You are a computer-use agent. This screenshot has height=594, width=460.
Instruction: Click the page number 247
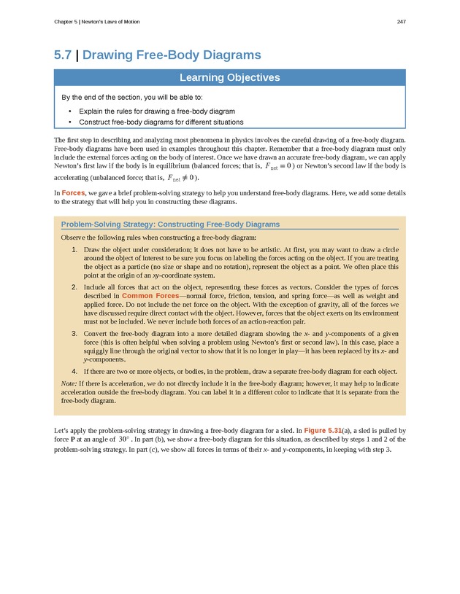point(401,22)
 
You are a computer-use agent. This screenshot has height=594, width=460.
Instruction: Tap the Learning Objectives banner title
point(230,78)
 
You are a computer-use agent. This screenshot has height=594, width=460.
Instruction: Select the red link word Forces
point(74,192)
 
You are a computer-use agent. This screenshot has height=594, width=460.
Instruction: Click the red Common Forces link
point(150,296)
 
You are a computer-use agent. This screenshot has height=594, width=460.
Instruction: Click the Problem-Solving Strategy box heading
point(170,225)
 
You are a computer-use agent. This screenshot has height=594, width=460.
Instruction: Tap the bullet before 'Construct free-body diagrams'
point(69,122)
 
